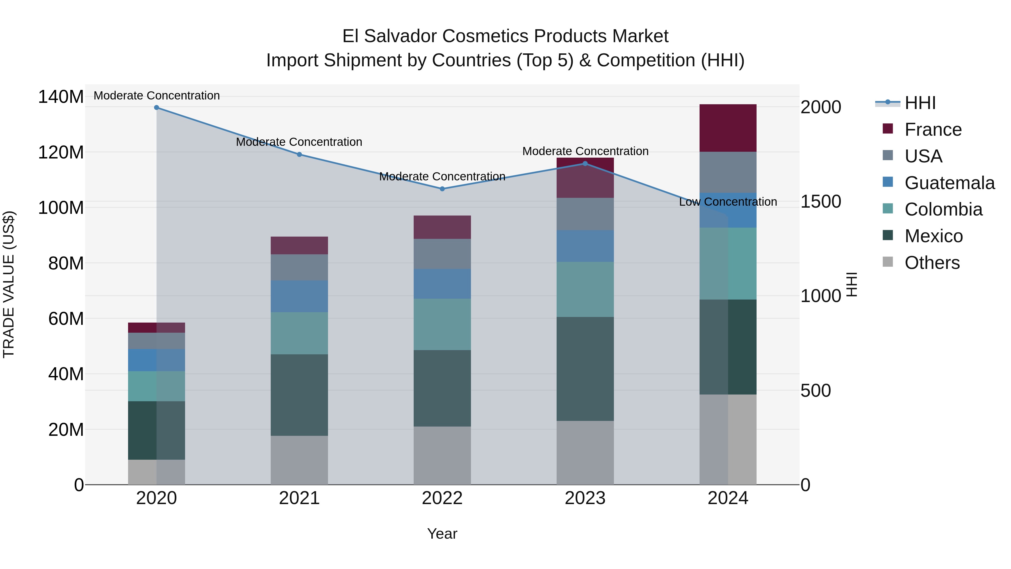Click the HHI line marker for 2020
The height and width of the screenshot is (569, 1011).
157,108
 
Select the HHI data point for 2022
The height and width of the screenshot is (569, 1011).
442,189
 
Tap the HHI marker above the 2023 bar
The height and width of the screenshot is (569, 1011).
585,164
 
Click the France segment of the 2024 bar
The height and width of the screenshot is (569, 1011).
728,128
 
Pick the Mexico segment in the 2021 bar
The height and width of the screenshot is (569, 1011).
299,395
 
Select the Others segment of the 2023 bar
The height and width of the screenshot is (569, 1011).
585,453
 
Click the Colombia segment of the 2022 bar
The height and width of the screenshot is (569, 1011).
442,324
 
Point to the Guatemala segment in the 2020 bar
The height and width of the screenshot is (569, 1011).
157,360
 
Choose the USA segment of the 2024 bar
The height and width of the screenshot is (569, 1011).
728,173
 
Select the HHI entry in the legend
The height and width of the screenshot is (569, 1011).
920,103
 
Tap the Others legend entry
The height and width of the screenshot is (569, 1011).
932,263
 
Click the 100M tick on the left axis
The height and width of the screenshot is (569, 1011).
61,208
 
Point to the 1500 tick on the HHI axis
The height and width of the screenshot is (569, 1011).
821,201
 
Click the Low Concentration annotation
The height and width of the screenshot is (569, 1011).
728,202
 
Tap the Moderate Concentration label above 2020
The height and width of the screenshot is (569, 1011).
157,96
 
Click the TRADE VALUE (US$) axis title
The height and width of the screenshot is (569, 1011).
9,284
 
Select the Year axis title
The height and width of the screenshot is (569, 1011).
442,534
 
